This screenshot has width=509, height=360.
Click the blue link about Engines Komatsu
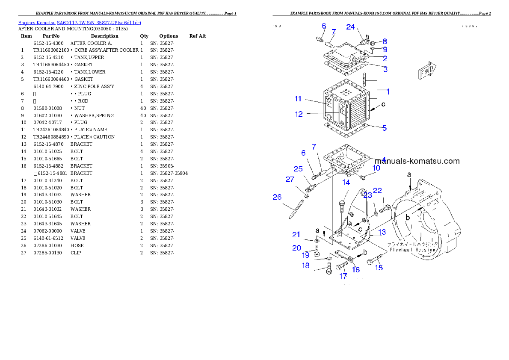tap(80, 22)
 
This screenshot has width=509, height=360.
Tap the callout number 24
tap(350, 27)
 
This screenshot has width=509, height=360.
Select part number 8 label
tap(385, 41)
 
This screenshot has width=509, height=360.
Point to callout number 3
tap(385, 69)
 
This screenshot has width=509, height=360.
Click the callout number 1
tap(388, 91)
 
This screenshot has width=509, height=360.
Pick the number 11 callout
tap(298, 99)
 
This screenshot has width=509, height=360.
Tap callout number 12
tap(299, 114)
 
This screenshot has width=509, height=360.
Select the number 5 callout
tap(385, 128)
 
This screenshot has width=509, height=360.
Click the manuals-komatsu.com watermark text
tap(417, 161)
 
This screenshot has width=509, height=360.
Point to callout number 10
tap(376, 168)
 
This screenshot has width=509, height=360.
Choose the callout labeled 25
tap(298, 168)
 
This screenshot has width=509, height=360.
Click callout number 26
tap(277, 197)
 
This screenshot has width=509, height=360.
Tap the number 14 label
tap(346, 183)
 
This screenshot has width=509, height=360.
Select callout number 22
tap(377, 191)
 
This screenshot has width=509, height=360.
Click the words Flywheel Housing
tap(412, 250)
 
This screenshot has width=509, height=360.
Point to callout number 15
tap(379, 268)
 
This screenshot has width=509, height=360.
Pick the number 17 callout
tap(343, 276)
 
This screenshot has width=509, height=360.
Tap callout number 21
tap(296, 234)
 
